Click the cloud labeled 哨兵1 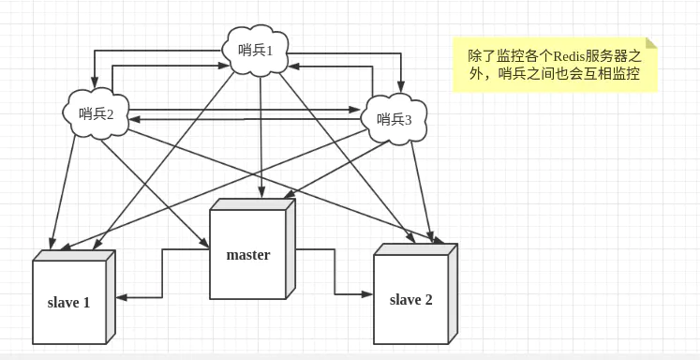[x=256, y=50]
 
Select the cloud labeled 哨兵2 [x=97, y=113]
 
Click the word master [x=248, y=255]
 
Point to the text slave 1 [x=69, y=303]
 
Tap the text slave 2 [x=410, y=300]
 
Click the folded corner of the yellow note [x=651, y=43]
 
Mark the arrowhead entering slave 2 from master [x=367, y=292]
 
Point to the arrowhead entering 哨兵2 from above [x=93, y=84]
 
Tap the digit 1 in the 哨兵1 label [x=269, y=51]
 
